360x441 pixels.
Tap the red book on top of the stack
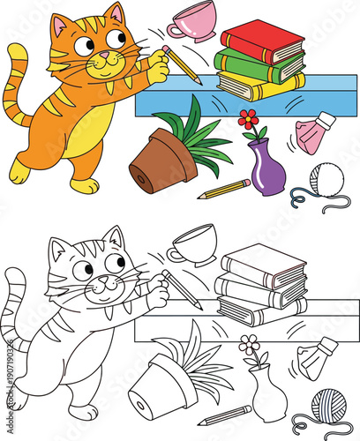pos(262,39)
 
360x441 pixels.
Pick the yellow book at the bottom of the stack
pos(260,84)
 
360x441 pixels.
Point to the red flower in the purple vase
pos(249,118)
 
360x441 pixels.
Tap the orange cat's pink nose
pos(103,56)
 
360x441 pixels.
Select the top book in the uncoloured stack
pos(262,261)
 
